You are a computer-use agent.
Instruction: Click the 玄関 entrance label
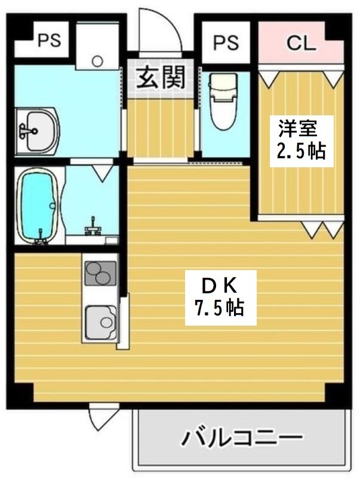coord(160,78)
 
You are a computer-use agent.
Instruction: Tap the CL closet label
coord(301,43)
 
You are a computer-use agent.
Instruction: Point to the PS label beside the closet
coord(226,42)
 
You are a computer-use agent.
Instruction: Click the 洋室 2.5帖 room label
coord(300,139)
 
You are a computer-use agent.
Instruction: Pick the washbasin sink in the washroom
coord(37,130)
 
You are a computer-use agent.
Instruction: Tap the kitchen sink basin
coord(101,322)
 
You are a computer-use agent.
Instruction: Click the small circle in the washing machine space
coord(98,60)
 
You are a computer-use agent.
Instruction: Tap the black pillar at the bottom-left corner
coord(20,393)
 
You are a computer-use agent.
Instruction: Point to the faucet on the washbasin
coord(26,130)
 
